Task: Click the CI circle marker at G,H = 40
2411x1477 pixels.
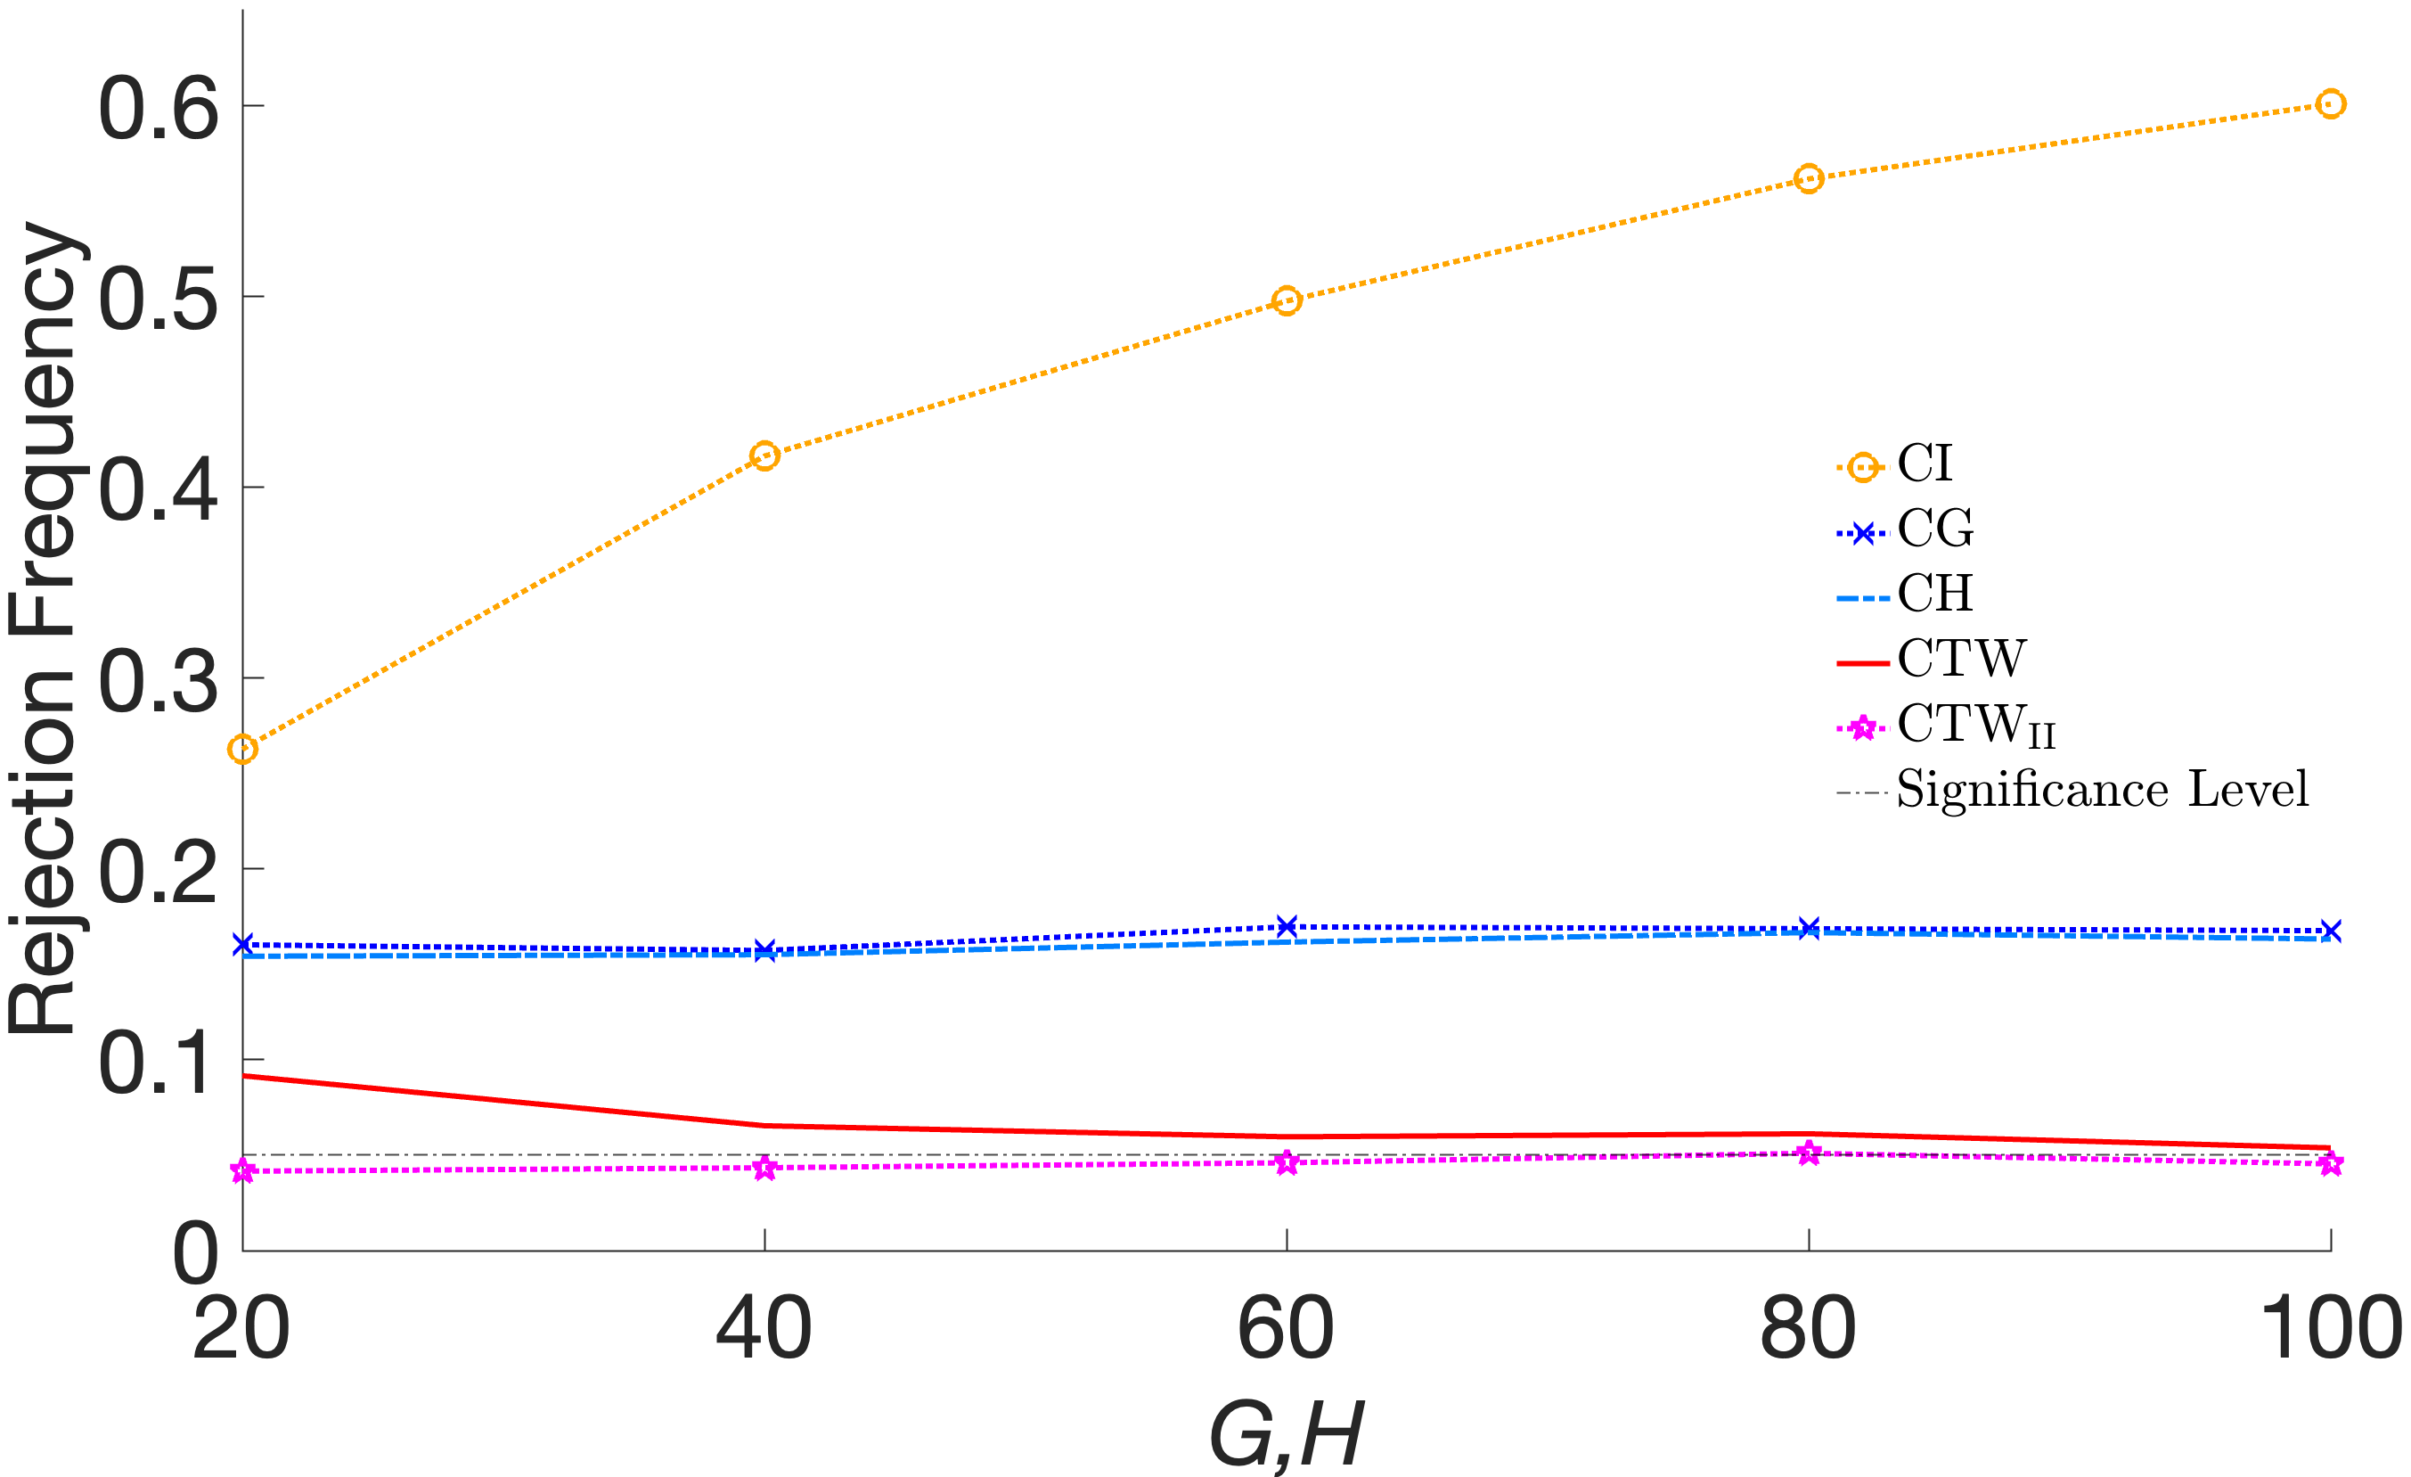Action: pyautogui.click(x=764, y=456)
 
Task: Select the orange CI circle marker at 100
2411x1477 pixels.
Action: pyautogui.click(x=2330, y=103)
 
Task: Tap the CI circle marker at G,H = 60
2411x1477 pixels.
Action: pyautogui.click(x=1287, y=300)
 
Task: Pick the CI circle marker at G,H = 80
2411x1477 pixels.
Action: pyautogui.click(x=1809, y=179)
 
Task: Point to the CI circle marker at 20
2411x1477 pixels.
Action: pyautogui.click(x=242, y=750)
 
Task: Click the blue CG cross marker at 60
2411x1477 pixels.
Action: pyautogui.click(x=1287, y=926)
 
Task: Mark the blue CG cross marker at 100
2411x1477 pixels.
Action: pyautogui.click(x=2330, y=931)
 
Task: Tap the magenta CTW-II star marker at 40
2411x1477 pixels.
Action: pyautogui.click(x=764, y=1168)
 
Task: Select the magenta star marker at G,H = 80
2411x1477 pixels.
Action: pyautogui.click(x=1809, y=1152)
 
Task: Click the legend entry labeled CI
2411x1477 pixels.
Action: pyautogui.click(x=1924, y=464)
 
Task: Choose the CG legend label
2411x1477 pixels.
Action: pyautogui.click(x=1934, y=529)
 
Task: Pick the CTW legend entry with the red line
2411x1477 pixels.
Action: pyautogui.click(x=1960, y=659)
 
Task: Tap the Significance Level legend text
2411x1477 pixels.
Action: pyautogui.click(x=2102, y=790)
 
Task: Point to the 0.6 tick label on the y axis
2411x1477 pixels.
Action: pyautogui.click(x=159, y=109)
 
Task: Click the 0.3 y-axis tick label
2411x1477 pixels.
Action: pyautogui.click(x=159, y=681)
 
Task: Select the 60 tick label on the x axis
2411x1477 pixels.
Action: pyautogui.click(x=1286, y=1328)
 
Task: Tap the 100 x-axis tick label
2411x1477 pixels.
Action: pyautogui.click(x=2330, y=1328)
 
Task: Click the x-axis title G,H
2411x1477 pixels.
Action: pyautogui.click(x=1285, y=1435)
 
